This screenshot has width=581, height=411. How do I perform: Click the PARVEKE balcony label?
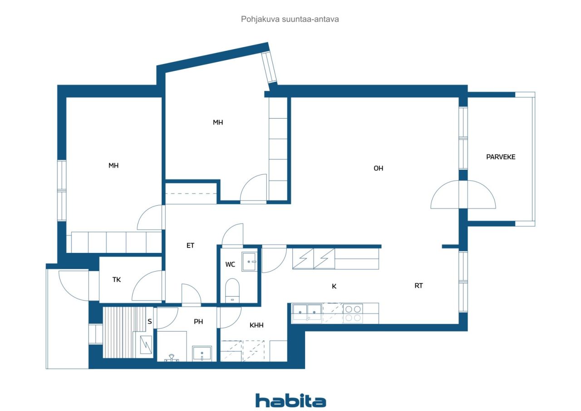pyautogui.click(x=501, y=157)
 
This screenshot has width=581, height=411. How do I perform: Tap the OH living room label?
pyautogui.click(x=378, y=168)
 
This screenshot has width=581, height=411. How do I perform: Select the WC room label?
pyautogui.click(x=230, y=264)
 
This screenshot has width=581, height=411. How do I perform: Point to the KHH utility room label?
pyautogui.click(x=256, y=325)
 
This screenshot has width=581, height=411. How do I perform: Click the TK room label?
pyautogui.click(x=117, y=280)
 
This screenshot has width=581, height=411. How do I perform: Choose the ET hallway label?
pyautogui.click(x=190, y=245)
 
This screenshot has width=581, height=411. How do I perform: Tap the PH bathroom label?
pyautogui.click(x=198, y=322)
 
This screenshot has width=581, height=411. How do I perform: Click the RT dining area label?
pyautogui.click(x=419, y=286)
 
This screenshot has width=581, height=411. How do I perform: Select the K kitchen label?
pyautogui.click(x=334, y=286)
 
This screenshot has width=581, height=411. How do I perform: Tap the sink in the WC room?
pyautogui.click(x=249, y=262)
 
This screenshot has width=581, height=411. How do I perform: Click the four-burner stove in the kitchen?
pyautogui.click(x=353, y=313)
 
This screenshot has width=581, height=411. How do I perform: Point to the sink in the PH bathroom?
pyautogui.click(x=202, y=353)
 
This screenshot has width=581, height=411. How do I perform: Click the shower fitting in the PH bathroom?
pyautogui.click(x=172, y=358)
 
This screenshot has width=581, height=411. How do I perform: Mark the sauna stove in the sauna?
pyautogui.click(x=146, y=345)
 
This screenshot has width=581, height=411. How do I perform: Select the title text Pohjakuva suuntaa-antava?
pyautogui.click(x=290, y=19)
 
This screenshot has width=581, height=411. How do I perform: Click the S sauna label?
pyautogui.click(x=150, y=322)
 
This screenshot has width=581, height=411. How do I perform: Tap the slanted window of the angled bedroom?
pyautogui.click(x=269, y=67)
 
